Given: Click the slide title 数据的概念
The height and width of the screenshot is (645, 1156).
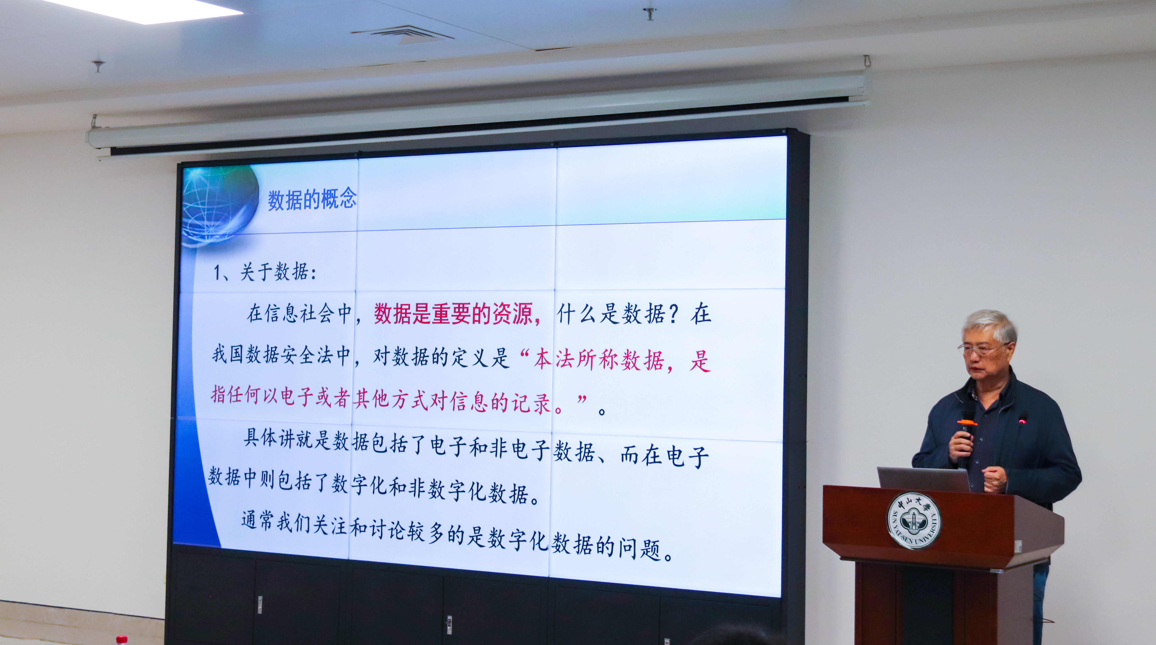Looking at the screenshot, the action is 312,199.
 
